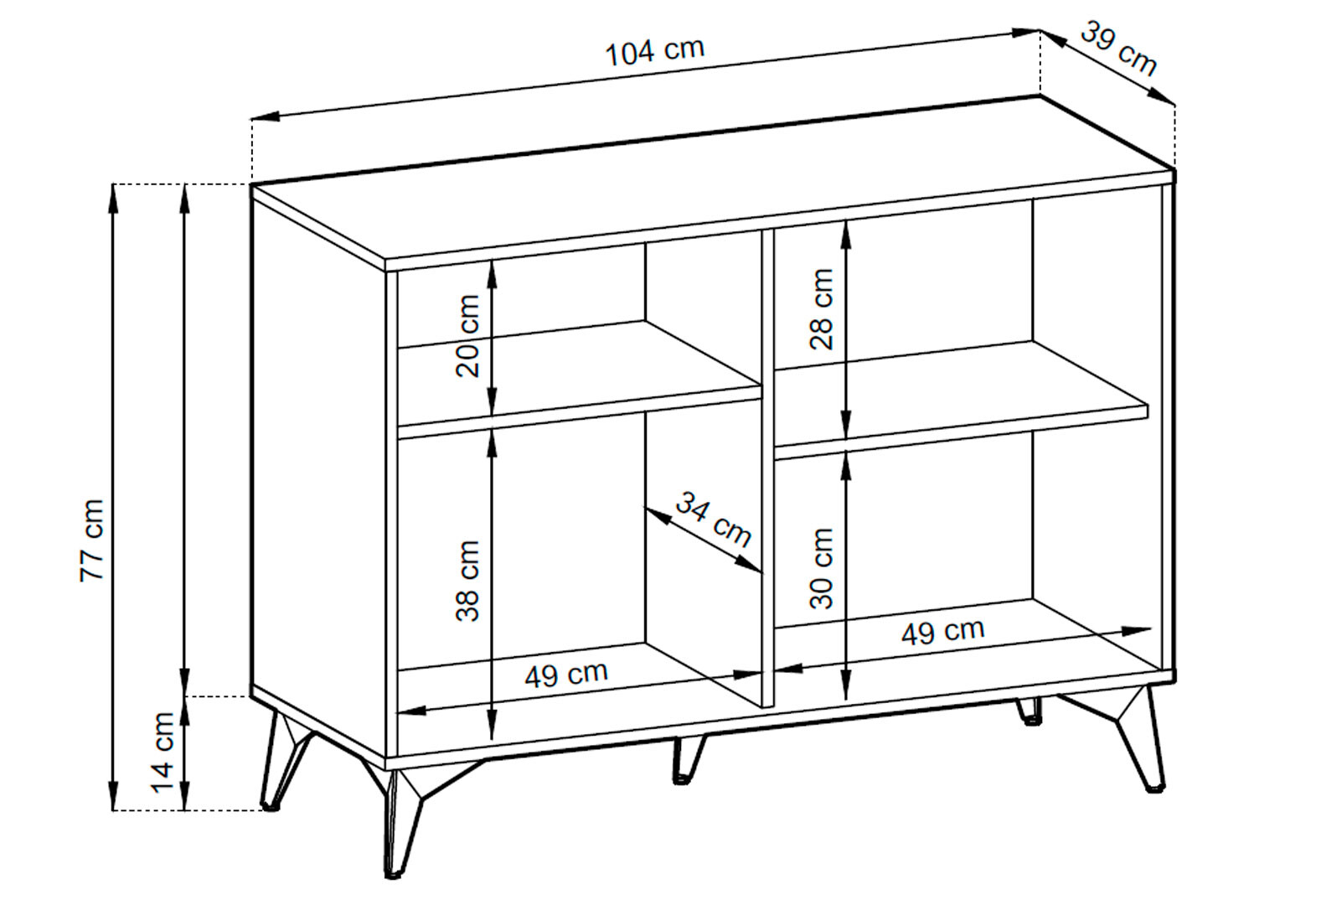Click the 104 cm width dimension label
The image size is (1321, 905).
tap(655, 51)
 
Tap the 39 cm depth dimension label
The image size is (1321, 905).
tap(1119, 49)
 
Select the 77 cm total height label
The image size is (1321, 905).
tap(92, 540)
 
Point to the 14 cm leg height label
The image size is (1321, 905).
tap(163, 752)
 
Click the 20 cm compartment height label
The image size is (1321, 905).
tap(467, 336)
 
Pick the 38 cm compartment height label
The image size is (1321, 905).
tap(467, 581)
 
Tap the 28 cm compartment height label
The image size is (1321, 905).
tap(821, 309)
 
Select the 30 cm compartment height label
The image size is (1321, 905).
tap(821, 568)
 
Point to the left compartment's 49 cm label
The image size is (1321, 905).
tap(566, 674)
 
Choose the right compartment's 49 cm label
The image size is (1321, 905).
tap(943, 631)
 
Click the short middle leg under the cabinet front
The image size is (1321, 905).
tap(689, 759)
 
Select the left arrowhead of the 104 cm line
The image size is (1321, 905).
tap(264, 116)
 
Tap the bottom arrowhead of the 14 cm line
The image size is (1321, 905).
tap(184, 796)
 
